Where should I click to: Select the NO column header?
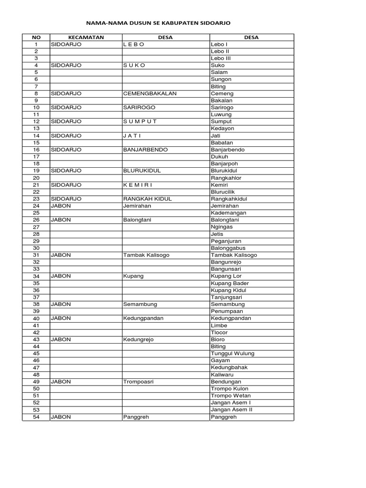[36, 37]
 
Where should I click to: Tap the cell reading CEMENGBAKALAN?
[150, 93]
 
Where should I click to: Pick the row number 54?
[36, 417]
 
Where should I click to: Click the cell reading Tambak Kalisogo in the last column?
[234, 255]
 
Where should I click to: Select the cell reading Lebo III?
[221, 58]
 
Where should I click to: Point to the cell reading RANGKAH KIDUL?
[147, 199]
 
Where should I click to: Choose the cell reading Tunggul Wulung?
[233, 354]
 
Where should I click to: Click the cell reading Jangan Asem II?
[232, 410]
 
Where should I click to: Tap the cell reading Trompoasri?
[138, 382]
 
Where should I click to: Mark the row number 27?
[36, 227]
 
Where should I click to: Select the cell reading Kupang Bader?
[230, 283]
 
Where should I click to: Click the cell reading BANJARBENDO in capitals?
[145, 150]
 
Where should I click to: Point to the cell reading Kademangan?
[229, 213]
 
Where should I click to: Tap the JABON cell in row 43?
[61, 339]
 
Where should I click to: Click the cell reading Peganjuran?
[226, 241]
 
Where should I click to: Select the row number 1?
[36, 44]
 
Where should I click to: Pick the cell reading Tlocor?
[219, 332]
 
